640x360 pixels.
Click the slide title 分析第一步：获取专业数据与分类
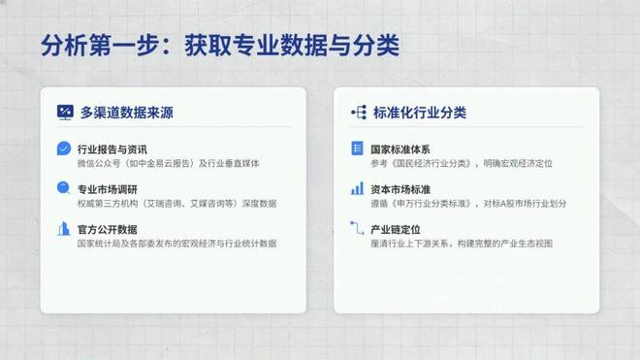click(x=220, y=47)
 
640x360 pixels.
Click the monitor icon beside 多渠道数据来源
click(x=66, y=113)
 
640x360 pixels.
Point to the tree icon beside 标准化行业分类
click(x=358, y=113)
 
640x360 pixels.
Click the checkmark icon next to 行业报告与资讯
click(x=63, y=149)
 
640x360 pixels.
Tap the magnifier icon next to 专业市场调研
click(x=63, y=189)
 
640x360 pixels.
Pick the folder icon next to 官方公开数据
click(x=63, y=230)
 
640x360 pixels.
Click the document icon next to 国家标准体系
click(x=357, y=149)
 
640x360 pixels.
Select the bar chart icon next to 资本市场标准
click(x=357, y=189)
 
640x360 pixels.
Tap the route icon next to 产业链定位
click(x=357, y=230)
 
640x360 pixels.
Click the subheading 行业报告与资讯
click(x=112, y=149)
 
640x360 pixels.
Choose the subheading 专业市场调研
click(x=107, y=189)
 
